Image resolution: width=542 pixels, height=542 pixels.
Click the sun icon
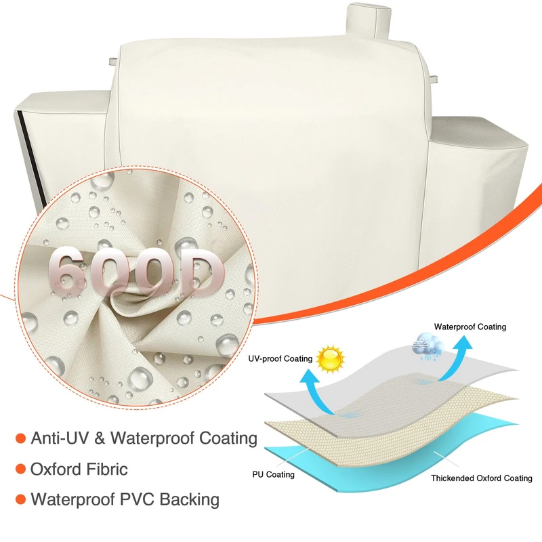tap(331, 358)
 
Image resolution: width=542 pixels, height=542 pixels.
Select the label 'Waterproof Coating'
tap(470, 327)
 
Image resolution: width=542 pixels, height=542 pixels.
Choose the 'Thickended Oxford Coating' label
tap(481, 478)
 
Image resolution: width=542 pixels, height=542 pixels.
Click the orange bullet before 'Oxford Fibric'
tap(20, 469)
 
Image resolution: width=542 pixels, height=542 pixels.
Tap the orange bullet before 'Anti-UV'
tap(20, 438)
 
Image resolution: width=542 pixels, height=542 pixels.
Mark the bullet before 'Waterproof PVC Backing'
tap(20, 500)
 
